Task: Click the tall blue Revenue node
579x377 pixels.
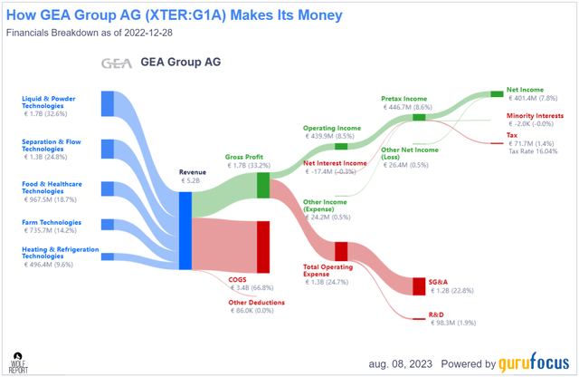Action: point(185,230)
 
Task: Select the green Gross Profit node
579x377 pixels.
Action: point(263,185)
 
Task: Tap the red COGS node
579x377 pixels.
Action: point(263,245)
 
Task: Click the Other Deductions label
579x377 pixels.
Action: point(256,303)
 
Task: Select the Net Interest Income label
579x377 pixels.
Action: point(335,163)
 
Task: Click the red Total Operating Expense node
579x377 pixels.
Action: point(341,251)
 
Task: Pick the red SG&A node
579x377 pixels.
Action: point(419,286)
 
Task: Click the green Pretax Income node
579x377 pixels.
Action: point(419,117)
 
